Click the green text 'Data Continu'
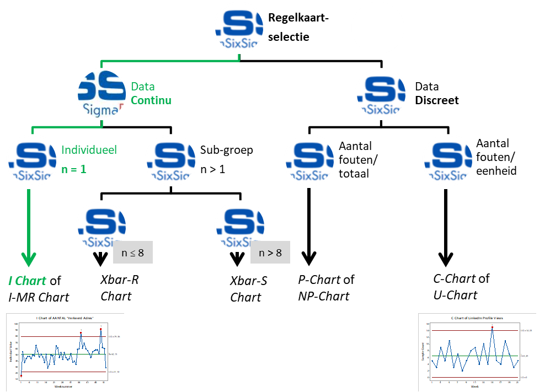[150, 93]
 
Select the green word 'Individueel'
[89, 150]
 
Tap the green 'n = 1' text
[73, 169]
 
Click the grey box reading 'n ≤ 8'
[132, 253]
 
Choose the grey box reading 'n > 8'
[270, 253]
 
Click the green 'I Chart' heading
[27, 281]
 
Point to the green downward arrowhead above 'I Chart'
[29, 259]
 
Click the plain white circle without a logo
[378, 28]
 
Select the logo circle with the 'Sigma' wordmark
[102, 94]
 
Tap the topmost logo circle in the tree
[239, 28]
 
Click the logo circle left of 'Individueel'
[32, 160]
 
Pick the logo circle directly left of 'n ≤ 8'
[102, 226]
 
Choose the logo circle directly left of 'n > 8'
[240, 226]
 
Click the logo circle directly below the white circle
[381, 94]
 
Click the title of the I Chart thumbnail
[65, 319]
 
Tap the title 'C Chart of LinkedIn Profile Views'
[477, 318]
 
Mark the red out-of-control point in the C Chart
[492, 327]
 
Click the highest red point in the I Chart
[101, 330]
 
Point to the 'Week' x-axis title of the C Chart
[474, 386]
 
